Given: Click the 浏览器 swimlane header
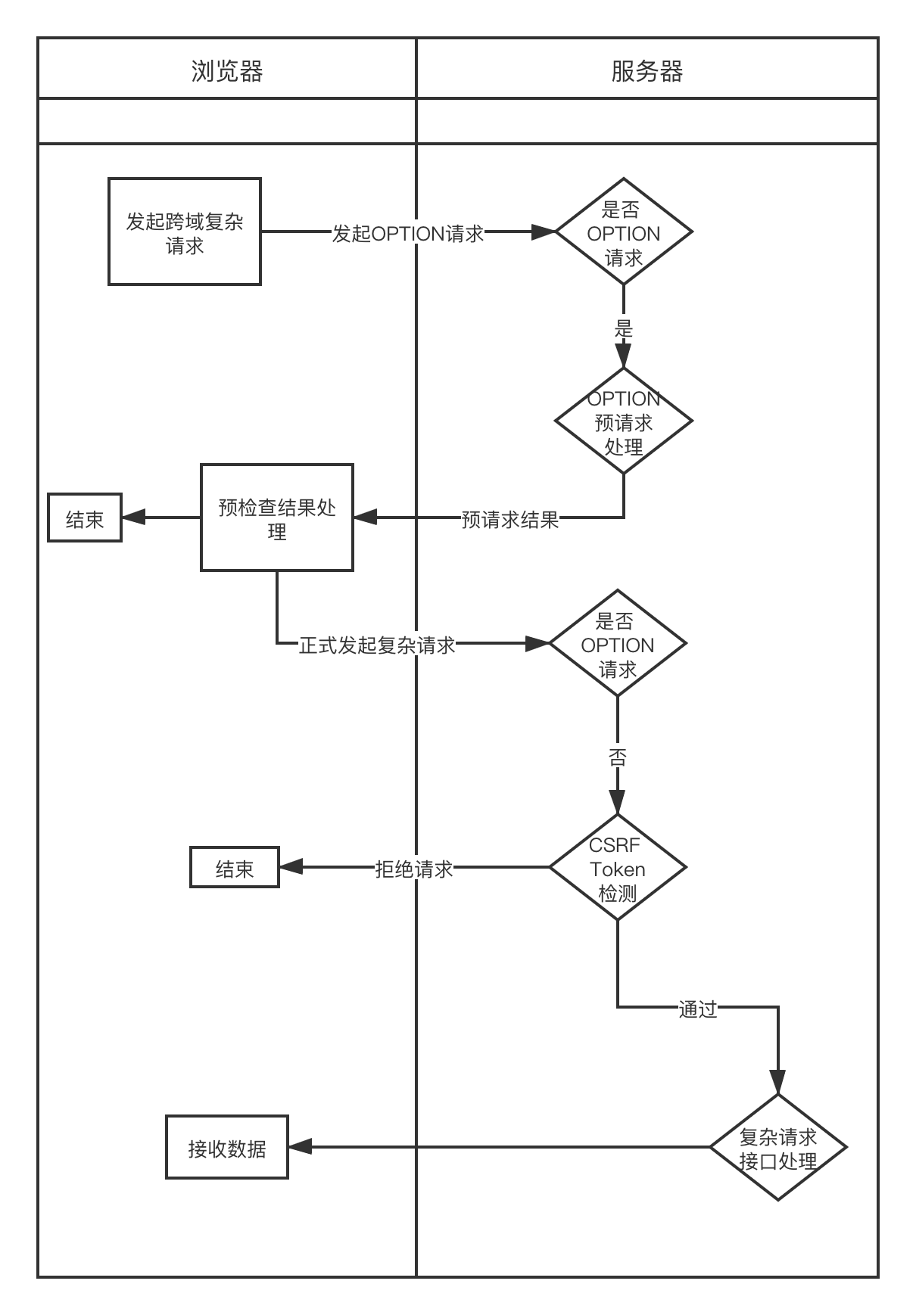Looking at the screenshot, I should tap(227, 71).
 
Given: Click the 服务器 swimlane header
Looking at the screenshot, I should tap(646, 71).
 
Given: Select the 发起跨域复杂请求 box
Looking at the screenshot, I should tap(185, 232).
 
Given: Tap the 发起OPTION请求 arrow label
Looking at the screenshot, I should tap(408, 233).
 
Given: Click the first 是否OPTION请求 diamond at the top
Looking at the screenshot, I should tap(624, 232).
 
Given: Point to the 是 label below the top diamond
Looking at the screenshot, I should tap(623, 328).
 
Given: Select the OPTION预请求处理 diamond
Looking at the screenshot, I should tap(624, 421).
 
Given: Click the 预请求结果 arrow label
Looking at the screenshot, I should tap(510, 520).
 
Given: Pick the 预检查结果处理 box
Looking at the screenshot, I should tap(277, 518).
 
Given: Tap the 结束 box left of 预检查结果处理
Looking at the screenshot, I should tap(85, 518).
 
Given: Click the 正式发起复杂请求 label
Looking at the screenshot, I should tap(377, 645).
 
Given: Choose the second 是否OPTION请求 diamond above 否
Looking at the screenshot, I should tap(618, 643).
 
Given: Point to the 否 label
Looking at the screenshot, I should tap(618, 757).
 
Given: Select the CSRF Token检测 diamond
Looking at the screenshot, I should tap(618, 867).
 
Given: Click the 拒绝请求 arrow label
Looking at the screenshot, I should tap(414, 869).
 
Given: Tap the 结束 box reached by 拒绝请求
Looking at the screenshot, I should tap(235, 868).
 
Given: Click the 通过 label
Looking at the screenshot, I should tap(697, 1009).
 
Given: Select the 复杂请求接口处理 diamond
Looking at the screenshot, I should tap(778, 1147).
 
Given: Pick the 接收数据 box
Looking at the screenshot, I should tap(227, 1147).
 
